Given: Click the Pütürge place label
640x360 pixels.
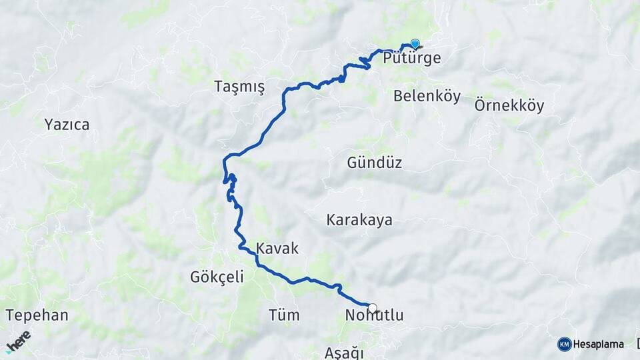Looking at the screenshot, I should (412, 58).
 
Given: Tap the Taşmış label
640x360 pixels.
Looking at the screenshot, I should (239, 87).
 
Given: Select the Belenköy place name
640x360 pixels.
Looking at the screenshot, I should (427, 96).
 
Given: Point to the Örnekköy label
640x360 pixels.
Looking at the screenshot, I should (509, 105).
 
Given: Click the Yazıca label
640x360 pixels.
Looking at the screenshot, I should (67, 124).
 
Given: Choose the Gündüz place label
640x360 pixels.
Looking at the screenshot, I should (374, 162).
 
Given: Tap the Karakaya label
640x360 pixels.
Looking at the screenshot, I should (359, 220).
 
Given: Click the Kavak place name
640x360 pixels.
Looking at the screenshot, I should (277, 248).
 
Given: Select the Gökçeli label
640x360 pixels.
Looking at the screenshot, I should (217, 277).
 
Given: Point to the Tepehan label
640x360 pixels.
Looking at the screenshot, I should (37, 315).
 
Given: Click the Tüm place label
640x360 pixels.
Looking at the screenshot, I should (283, 315).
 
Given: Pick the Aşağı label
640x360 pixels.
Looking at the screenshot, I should (346, 352).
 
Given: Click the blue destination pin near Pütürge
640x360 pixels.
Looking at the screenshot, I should (415, 44).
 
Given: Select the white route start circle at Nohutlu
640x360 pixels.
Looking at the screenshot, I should (372, 308).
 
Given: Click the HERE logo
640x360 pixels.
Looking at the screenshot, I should (18, 341).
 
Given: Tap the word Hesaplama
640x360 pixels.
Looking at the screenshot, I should (599, 344).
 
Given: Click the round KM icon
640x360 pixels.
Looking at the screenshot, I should (564, 344).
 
